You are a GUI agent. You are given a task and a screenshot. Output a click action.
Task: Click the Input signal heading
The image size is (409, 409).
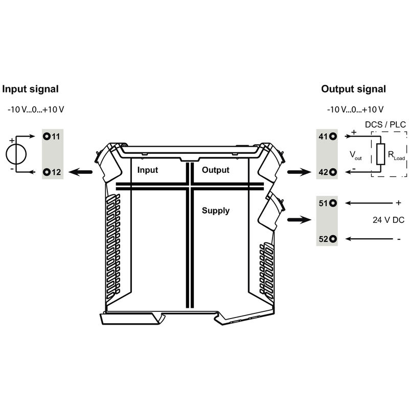pos(31,89)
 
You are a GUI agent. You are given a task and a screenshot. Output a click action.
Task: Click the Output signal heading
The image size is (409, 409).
pos(353,89)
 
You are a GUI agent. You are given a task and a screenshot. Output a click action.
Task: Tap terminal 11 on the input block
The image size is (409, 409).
pos(47,137)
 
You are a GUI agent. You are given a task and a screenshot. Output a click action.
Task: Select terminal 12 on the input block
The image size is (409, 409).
pos(47,172)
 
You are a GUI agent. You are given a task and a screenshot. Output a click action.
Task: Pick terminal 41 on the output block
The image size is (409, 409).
pos(333,137)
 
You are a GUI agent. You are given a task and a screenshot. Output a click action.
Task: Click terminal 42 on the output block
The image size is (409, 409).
pos(333,172)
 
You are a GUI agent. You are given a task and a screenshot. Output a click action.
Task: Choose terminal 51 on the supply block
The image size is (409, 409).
pos(333,203)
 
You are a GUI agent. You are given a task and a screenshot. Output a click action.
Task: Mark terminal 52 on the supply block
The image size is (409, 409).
pos(333,238)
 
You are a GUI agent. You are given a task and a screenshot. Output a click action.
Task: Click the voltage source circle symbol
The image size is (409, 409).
pos(16,154)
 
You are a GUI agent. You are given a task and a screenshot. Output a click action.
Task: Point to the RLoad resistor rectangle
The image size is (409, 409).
pos(380,154)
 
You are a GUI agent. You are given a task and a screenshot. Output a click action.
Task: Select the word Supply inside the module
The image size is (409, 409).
pos(216,211)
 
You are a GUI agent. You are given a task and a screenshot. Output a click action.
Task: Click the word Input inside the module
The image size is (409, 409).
pos(148,170)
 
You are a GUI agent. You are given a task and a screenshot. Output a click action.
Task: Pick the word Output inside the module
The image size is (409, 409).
pos(215,170)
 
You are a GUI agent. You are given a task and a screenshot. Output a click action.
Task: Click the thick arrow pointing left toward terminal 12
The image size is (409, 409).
pos(81,173)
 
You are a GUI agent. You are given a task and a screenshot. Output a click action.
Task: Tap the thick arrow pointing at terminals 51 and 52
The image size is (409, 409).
pos(300,220)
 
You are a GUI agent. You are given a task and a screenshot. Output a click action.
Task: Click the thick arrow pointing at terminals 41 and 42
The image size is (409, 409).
pos(300,173)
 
